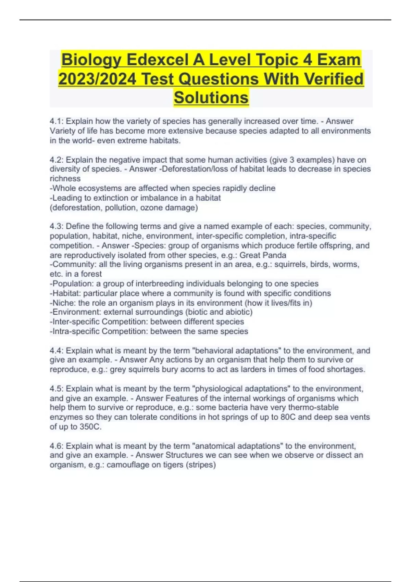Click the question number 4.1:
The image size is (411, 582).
pos(57,121)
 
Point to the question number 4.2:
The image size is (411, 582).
pos(57,160)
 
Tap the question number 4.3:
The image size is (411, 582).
pos(57,226)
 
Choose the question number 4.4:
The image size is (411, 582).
pos(57,351)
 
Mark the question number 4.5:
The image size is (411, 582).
pos(57,389)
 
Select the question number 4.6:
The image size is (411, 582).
pos(57,446)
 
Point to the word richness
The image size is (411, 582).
pos(65,179)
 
